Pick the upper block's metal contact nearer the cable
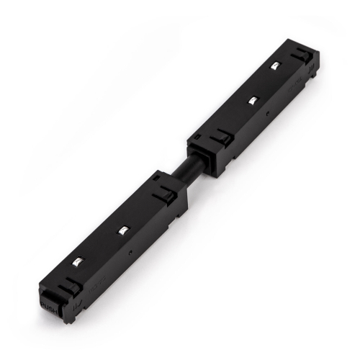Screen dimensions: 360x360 [x=251, y=99]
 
